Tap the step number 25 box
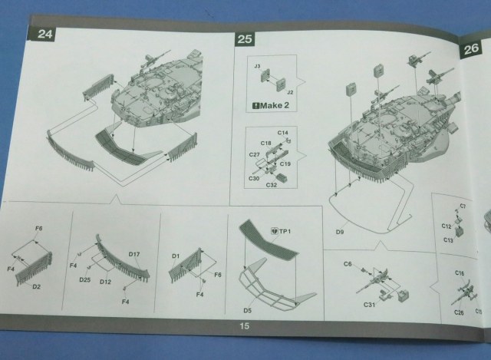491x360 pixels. coord(245,38)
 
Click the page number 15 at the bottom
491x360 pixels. coord(244,326)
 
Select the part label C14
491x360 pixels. coord(283,134)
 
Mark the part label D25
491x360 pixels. coord(84,280)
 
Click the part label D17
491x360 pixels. coord(134,254)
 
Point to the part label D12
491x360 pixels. coord(105,281)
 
